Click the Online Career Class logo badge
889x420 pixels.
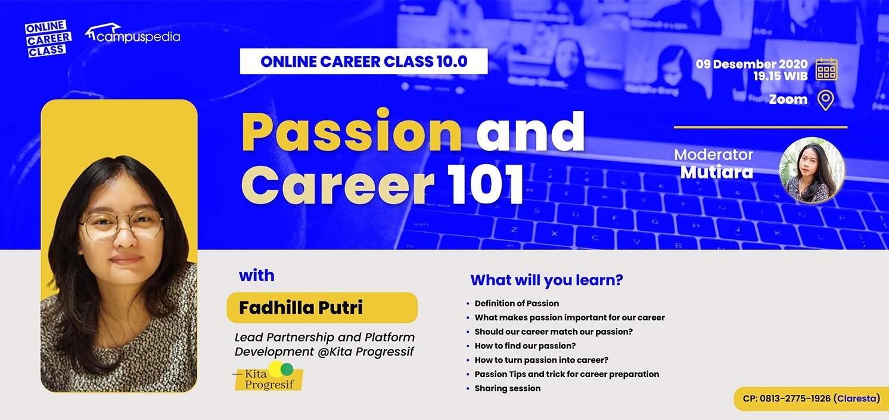coord(48,39)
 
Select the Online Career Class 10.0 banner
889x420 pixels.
coord(363,61)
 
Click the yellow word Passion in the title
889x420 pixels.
coord(352,131)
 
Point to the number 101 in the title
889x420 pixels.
coord(486,184)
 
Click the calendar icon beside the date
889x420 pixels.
coord(826,69)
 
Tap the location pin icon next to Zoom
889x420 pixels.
coord(825,100)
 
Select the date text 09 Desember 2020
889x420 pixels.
coord(752,64)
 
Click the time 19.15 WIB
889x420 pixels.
coord(780,76)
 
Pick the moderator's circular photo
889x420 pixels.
coord(812,170)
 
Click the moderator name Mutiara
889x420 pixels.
coord(716,172)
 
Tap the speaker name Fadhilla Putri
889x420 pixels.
coord(301,307)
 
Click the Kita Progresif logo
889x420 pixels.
coord(268,376)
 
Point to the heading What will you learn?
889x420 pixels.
coord(546,280)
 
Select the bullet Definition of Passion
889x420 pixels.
coord(517,303)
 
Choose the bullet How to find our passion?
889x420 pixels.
coord(525,345)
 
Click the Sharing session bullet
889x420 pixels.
coord(508,388)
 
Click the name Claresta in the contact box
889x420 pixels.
coord(857,398)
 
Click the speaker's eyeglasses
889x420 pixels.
coord(121,226)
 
